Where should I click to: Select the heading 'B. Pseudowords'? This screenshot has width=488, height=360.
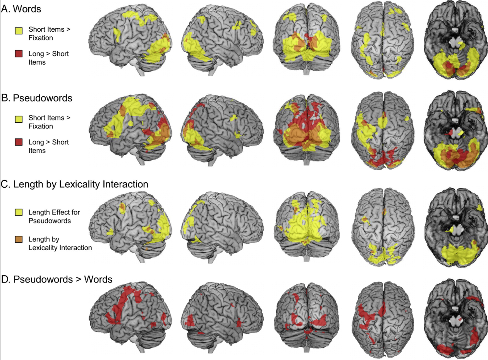37,98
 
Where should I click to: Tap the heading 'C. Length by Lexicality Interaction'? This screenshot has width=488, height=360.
75,185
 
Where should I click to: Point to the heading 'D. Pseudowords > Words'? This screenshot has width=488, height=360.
57,279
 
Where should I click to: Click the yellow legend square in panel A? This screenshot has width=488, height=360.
18,30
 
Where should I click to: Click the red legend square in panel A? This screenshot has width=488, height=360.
18,54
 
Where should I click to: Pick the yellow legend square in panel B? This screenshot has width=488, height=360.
18,118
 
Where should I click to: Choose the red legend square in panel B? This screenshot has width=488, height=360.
18,142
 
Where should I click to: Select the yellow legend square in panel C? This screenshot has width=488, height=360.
18,213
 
